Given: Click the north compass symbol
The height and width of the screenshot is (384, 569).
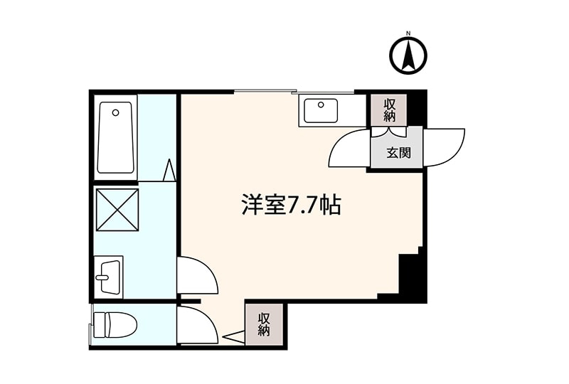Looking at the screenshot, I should pyautogui.click(x=408, y=55).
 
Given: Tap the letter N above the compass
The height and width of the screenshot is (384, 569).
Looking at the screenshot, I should pyautogui.click(x=408, y=33).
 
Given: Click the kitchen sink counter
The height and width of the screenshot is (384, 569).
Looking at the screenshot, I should pyautogui.click(x=323, y=111).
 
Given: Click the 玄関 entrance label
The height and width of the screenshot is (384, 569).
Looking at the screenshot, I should pyautogui.click(x=395, y=152).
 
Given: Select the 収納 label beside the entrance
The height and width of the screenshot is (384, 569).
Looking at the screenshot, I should pyautogui.click(x=389, y=110).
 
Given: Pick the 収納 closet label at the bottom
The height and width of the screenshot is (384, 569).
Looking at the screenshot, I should pyautogui.click(x=264, y=324).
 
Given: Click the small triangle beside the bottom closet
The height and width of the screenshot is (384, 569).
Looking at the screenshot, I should pyautogui.click(x=233, y=335).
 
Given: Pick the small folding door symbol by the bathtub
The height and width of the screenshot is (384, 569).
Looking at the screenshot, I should pyautogui.click(x=169, y=171).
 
